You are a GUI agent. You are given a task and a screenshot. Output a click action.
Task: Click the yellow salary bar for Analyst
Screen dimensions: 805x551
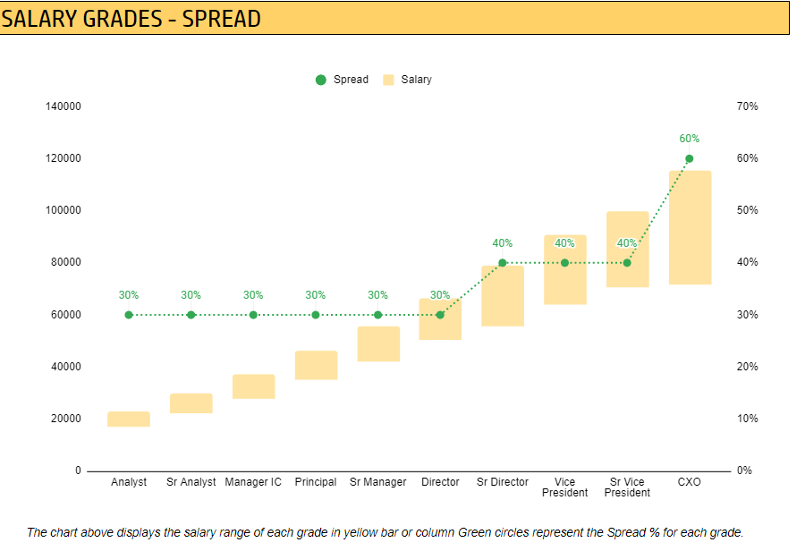pyautogui.click(x=129, y=419)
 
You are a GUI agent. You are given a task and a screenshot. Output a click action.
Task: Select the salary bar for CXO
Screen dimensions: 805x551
pyautogui.click(x=690, y=227)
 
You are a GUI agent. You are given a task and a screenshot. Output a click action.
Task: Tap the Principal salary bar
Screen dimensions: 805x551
pyautogui.click(x=317, y=365)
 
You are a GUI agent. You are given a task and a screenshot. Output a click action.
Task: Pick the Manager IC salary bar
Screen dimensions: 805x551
pyautogui.click(x=254, y=386)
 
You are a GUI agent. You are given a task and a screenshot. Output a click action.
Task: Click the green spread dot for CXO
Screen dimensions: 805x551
pyautogui.click(x=690, y=158)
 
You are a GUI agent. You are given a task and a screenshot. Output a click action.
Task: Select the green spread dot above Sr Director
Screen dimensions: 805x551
pyautogui.click(x=503, y=263)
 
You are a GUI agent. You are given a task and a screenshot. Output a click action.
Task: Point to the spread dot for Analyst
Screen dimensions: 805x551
pyautogui.click(x=129, y=315)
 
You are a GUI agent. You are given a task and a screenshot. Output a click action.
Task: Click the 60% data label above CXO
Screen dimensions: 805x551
pyautogui.click(x=690, y=139)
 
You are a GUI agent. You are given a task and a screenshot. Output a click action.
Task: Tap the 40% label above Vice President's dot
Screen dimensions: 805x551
pyautogui.click(x=564, y=243)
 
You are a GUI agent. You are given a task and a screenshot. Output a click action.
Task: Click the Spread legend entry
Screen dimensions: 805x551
pyautogui.click(x=342, y=80)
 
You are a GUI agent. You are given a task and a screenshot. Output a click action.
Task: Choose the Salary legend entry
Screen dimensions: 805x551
pyautogui.click(x=408, y=80)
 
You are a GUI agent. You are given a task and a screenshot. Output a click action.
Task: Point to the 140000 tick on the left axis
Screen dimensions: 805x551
pyautogui.click(x=64, y=106)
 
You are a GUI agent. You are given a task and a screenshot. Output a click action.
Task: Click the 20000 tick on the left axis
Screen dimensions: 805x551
pyautogui.click(x=66, y=419)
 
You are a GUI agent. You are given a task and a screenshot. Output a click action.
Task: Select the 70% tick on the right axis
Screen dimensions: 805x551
pyautogui.click(x=748, y=106)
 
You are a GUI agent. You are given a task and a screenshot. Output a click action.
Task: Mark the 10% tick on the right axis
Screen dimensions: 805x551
pyautogui.click(x=748, y=419)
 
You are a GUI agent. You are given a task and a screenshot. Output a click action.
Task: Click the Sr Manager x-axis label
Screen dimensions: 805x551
pyautogui.click(x=377, y=482)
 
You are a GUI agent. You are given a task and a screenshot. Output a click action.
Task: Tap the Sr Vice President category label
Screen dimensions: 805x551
pyautogui.click(x=627, y=487)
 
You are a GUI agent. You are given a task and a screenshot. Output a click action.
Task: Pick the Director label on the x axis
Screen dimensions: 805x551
pyautogui.click(x=440, y=482)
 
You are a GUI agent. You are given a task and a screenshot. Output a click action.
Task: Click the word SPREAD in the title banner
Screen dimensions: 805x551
pyautogui.click(x=222, y=19)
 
